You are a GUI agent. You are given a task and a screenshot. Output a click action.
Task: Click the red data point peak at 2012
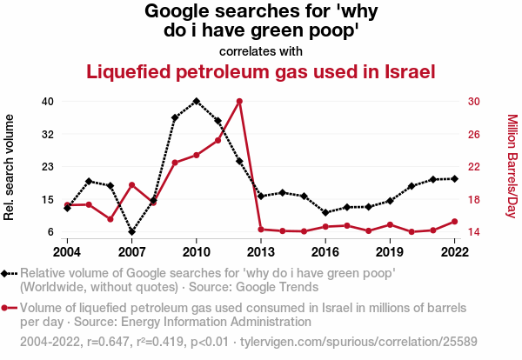click(x=239, y=101)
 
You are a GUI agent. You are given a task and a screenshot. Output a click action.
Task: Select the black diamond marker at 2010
click(x=197, y=101)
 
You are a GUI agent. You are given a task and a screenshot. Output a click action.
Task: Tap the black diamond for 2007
click(x=131, y=232)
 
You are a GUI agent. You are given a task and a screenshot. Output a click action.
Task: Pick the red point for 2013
click(x=261, y=229)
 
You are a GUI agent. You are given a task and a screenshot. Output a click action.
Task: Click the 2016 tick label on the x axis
click(x=325, y=251)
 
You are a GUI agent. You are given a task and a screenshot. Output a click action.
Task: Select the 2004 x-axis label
click(x=67, y=251)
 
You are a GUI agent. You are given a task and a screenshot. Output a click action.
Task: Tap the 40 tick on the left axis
click(x=48, y=101)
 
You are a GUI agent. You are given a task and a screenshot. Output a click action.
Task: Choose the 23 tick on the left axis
click(x=48, y=166)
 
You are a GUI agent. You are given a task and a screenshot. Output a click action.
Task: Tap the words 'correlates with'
click(x=261, y=50)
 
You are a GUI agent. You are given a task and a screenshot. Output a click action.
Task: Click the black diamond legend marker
click(x=10, y=273)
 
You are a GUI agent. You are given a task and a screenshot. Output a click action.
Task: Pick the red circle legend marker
click(x=10, y=308)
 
